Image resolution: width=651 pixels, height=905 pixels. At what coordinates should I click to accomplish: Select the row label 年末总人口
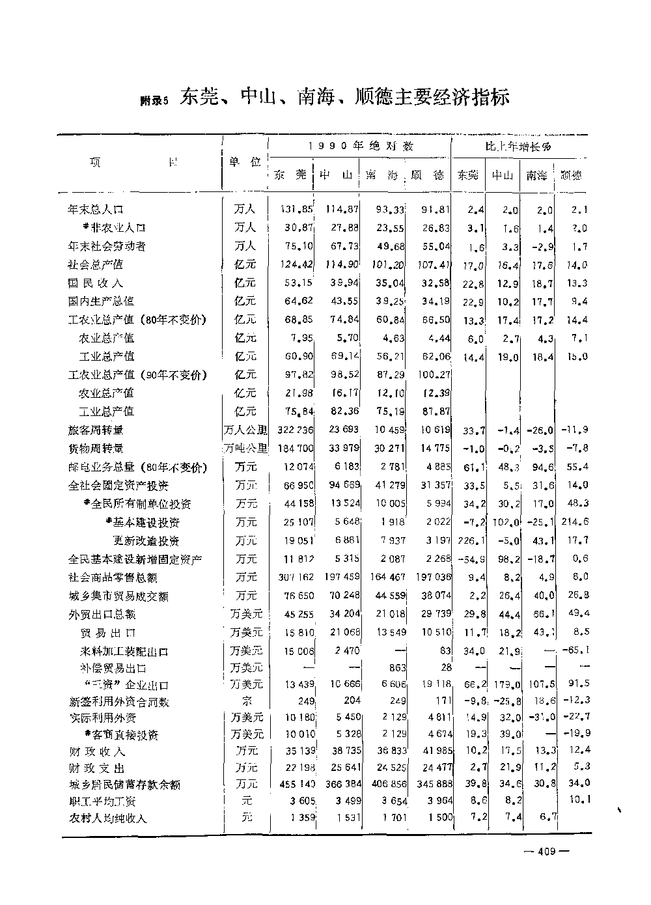(x=96, y=210)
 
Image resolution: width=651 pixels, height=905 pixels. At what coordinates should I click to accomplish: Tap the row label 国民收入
(x=96, y=283)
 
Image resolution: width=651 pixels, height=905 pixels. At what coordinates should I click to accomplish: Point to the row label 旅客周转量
(x=96, y=430)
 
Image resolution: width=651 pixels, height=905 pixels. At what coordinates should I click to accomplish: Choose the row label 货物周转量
(x=96, y=449)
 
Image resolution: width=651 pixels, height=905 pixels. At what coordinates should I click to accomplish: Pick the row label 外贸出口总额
(x=102, y=615)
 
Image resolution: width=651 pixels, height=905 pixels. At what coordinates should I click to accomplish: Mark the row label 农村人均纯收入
(x=108, y=818)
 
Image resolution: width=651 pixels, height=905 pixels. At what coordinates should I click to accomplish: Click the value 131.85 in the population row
(x=297, y=210)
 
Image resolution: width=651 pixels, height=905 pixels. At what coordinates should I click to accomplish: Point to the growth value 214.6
(x=575, y=522)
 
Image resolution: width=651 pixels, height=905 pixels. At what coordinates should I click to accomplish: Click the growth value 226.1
(x=469, y=540)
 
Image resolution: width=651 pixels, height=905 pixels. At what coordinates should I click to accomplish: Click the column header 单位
(x=245, y=161)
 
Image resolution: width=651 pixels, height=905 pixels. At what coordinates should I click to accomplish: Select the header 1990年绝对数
(x=361, y=146)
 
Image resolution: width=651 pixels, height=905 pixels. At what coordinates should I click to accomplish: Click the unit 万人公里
(x=245, y=430)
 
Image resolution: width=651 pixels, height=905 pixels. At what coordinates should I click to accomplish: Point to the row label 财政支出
(x=97, y=769)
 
